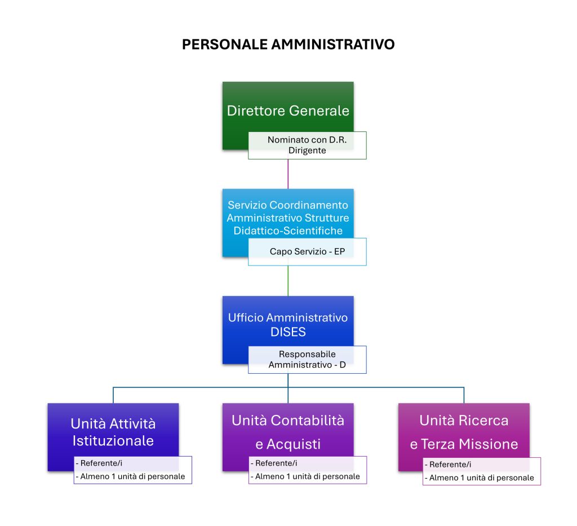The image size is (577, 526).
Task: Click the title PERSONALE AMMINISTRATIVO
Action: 288,45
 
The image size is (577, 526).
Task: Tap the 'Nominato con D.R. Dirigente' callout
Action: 307,145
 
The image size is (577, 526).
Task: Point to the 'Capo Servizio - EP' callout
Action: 307,251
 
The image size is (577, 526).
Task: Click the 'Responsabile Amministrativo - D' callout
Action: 307,360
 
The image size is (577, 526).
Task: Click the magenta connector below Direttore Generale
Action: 288,174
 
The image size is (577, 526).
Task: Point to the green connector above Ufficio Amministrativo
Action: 288,281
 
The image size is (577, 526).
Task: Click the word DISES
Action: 288,332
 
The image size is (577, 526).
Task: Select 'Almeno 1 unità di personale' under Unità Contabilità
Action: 307,476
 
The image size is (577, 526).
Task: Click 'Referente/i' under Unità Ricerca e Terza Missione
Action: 450,465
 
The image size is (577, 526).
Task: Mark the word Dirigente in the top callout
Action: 307,151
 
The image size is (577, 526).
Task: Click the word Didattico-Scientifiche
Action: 288,231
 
